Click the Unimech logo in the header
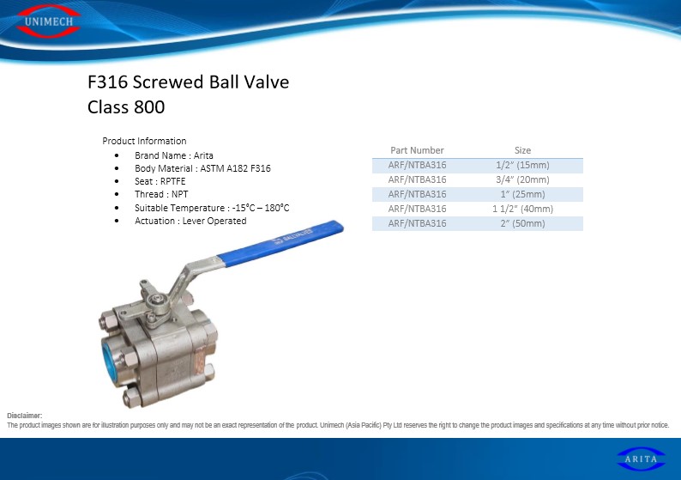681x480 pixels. click(48, 21)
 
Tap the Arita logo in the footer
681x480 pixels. click(641, 459)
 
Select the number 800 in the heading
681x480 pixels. click(149, 107)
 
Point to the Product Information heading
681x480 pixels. click(144, 141)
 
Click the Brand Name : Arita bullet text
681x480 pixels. click(174, 155)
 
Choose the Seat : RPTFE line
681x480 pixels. click(160, 181)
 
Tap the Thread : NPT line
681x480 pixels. click(161, 194)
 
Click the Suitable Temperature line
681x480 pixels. click(212, 208)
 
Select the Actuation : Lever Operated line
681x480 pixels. click(190, 221)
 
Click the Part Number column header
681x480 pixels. click(417, 150)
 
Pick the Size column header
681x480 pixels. click(522, 150)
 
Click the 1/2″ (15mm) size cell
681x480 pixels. click(522, 165)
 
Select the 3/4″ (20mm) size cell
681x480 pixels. click(522, 179)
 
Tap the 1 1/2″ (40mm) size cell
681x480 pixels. click(522, 209)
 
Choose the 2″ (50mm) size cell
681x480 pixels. click(522, 223)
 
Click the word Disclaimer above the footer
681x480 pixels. click(24, 416)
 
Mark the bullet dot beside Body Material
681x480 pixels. click(117, 168)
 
